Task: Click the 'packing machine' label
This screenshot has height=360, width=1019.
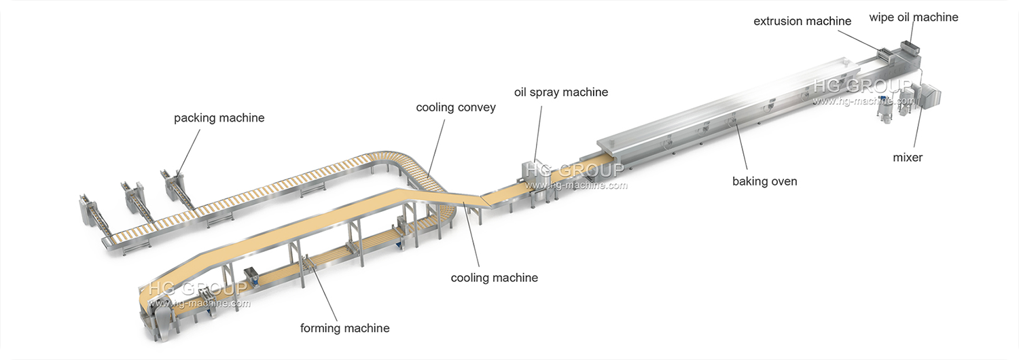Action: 219,118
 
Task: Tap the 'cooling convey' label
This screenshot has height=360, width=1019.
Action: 456,107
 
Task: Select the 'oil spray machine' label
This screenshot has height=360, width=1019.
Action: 560,92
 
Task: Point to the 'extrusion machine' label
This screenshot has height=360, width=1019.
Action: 802,21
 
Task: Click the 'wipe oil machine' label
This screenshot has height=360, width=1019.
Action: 914,17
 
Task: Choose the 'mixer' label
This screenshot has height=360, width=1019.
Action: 908,158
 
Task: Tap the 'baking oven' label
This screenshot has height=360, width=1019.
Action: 764,181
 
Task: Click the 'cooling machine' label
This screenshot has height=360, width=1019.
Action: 495,277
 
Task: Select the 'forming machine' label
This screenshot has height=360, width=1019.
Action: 345,328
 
